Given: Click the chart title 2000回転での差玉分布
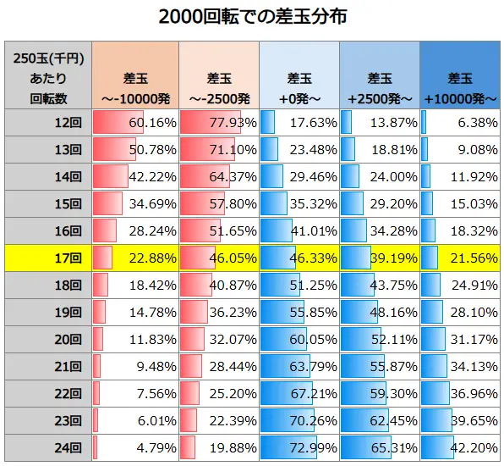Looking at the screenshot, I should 252,17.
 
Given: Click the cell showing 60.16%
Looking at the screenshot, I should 135,123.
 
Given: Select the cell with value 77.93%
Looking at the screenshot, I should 217,123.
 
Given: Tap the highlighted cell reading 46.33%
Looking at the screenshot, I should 299,258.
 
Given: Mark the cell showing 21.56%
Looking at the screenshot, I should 461,258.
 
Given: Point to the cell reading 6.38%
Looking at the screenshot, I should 461,123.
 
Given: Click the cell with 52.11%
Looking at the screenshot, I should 381,339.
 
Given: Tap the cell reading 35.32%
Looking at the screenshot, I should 299,203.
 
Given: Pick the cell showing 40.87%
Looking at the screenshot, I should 217,285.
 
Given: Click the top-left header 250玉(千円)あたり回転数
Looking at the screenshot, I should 48,78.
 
